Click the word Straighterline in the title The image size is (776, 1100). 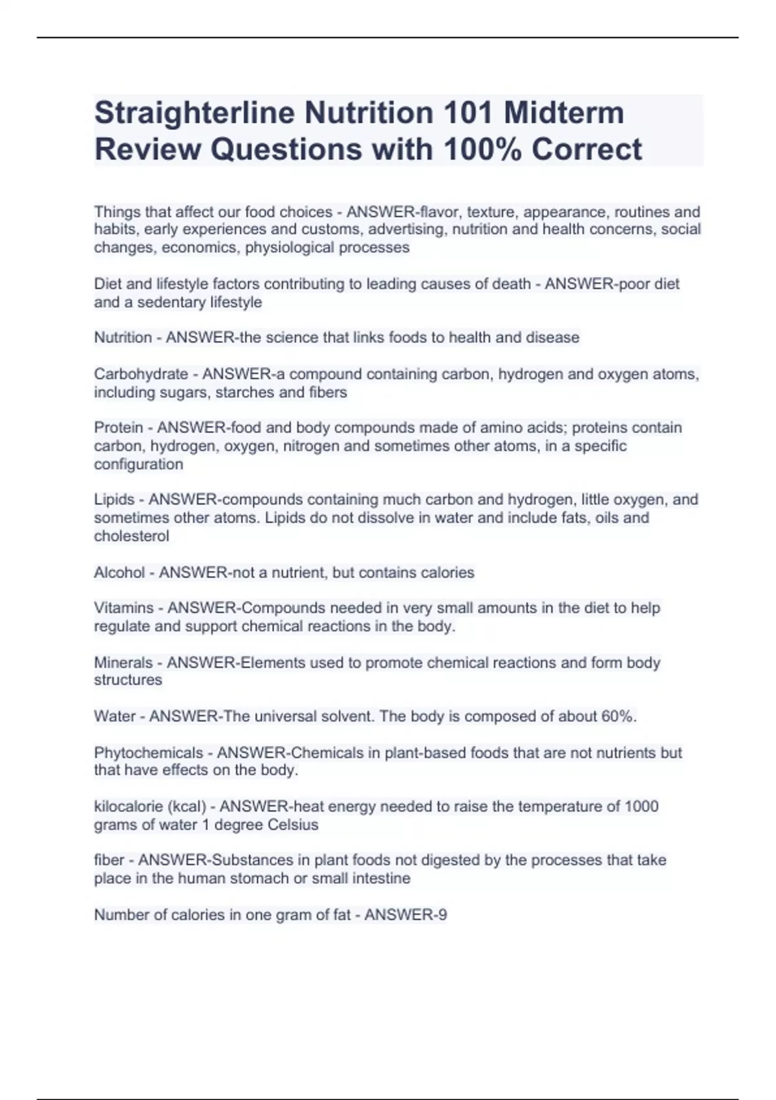[x=194, y=113]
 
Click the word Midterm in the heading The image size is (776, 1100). [x=564, y=113]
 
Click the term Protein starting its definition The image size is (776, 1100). [x=118, y=428]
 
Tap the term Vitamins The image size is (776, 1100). [x=124, y=608]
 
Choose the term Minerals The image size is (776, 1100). [x=124, y=663]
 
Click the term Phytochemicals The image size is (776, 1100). [x=149, y=753]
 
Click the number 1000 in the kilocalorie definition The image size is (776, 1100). [x=641, y=807]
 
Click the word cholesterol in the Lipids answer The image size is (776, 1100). [x=132, y=536]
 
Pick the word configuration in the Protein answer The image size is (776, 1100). [x=138, y=465]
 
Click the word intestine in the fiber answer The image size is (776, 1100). [x=380, y=879]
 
